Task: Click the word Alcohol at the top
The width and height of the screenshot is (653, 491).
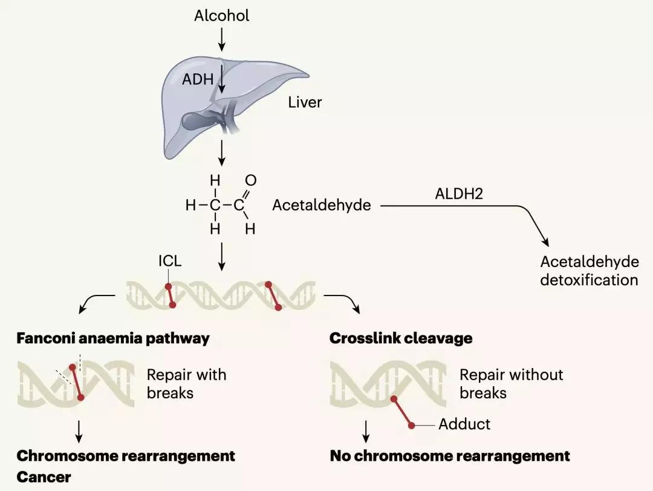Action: (x=221, y=16)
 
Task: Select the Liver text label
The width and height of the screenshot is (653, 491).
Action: (x=305, y=102)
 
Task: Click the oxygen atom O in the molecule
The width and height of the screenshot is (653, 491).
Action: (x=251, y=180)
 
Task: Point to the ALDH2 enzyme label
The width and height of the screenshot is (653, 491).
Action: (x=455, y=194)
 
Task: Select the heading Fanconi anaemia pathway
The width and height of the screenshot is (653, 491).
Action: (x=113, y=338)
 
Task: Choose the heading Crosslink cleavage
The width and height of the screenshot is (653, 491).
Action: (x=401, y=338)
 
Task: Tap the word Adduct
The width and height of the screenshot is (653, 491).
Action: (x=464, y=424)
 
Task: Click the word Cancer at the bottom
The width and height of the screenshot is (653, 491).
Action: (x=44, y=477)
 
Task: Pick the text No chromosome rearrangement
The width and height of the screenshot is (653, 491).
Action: (x=450, y=455)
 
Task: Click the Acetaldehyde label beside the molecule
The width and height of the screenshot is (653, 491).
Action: (x=322, y=205)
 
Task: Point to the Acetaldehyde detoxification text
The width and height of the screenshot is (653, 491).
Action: (x=589, y=271)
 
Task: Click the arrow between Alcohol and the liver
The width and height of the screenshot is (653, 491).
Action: (x=221, y=40)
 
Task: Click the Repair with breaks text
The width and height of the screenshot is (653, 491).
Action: (x=186, y=384)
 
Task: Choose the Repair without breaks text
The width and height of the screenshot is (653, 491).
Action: (x=511, y=384)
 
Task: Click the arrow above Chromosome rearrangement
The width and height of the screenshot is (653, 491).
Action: (x=80, y=432)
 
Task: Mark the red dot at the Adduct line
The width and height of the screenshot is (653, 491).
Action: (x=412, y=426)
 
